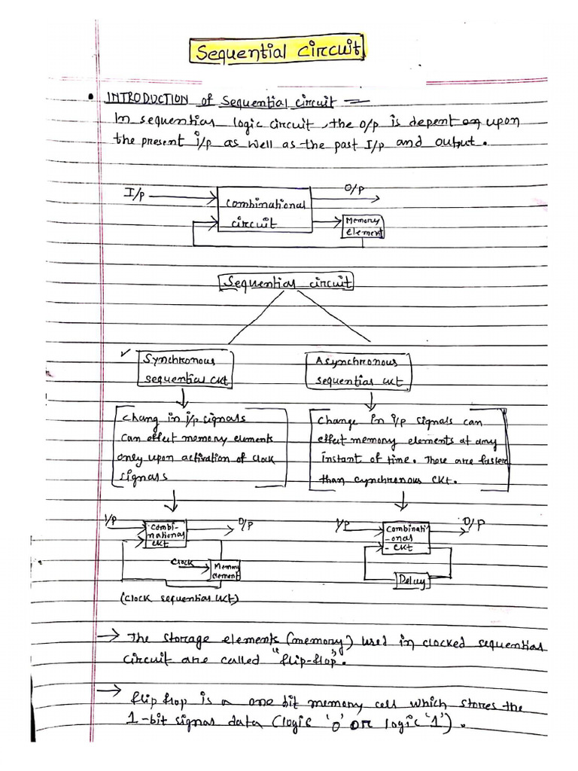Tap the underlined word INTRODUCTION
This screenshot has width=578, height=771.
pyautogui.click(x=147, y=99)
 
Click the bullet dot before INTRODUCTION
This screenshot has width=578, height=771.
pyautogui.click(x=90, y=98)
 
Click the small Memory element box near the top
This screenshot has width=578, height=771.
pyautogui.click(x=364, y=226)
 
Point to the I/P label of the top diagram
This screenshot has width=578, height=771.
pyautogui.click(x=136, y=194)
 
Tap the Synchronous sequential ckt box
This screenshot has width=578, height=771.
pyautogui.click(x=184, y=369)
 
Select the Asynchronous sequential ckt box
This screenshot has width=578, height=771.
pyautogui.click(x=360, y=370)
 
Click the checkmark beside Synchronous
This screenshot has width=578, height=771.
pyautogui.click(x=126, y=352)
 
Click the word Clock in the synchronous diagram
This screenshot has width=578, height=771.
pyautogui.click(x=184, y=562)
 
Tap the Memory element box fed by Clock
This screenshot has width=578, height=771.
pyautogui.click(x=226, y=570)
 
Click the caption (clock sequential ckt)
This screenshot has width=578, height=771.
pyautogui.click(x=179, y=599)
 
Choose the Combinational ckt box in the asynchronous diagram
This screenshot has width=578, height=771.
pyautogui.click(x=406, y=537)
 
